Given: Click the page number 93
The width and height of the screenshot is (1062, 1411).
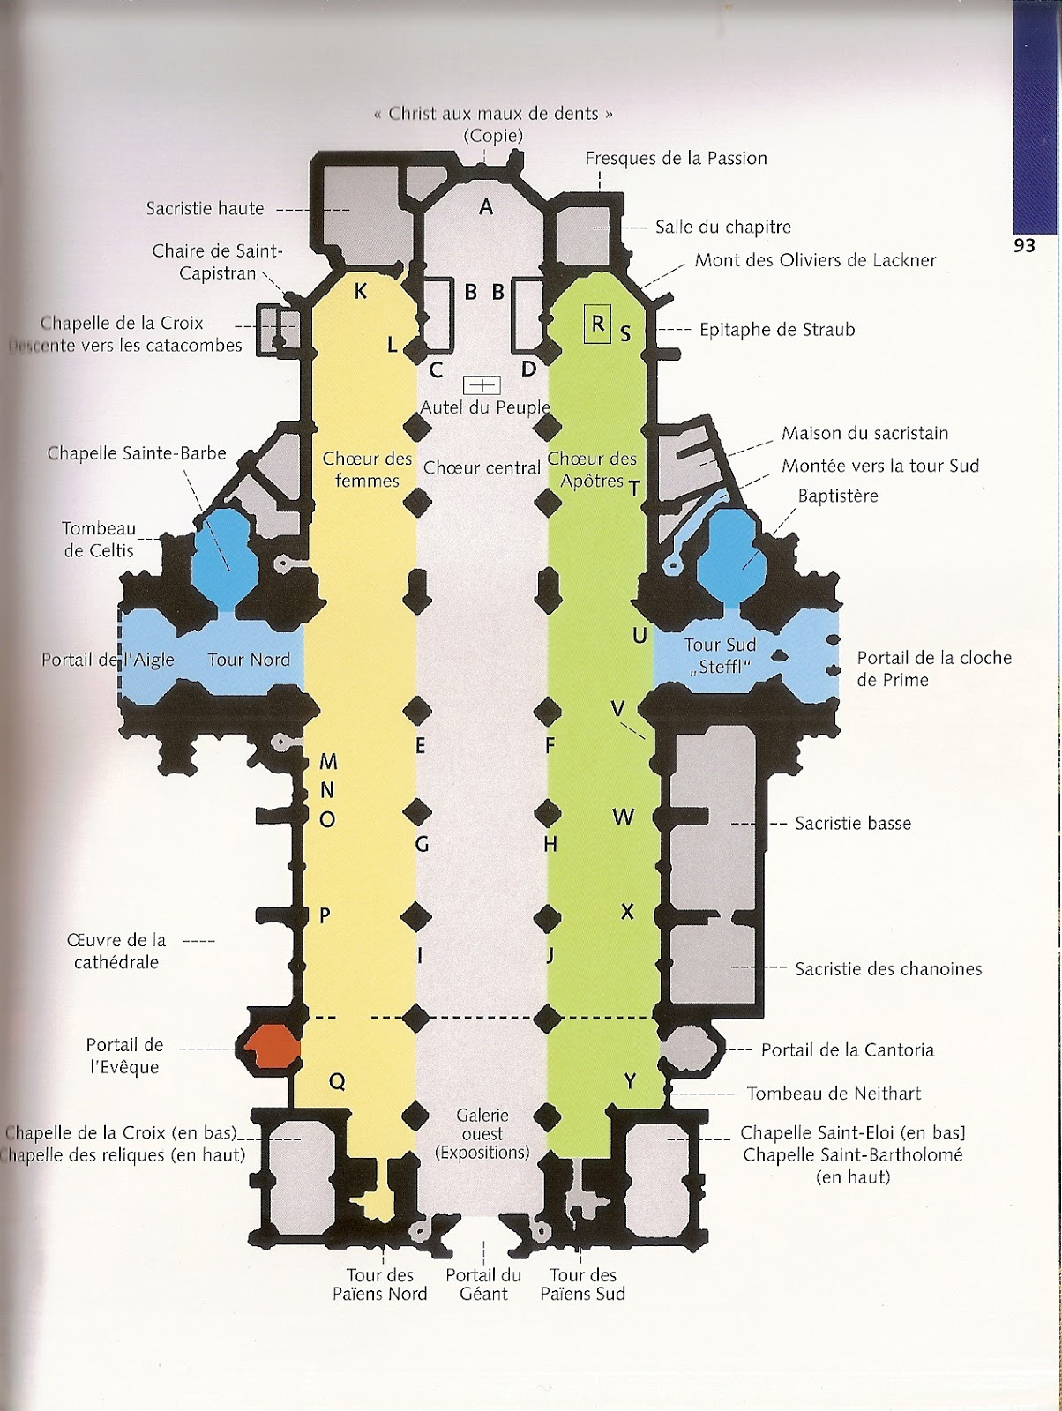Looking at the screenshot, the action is coord(1023,246).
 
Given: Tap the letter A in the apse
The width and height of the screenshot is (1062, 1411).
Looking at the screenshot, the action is coord(485,207).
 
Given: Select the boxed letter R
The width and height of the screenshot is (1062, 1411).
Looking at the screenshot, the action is coord(598,324).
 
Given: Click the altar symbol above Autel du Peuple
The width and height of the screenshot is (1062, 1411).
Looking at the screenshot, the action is coord(482,384).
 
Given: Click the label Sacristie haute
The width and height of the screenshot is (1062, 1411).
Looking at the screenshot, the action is coord(206,209).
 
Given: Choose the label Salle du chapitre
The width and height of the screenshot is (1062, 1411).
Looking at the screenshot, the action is coord(723,227).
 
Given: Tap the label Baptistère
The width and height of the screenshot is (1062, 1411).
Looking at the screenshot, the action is coord(838,496).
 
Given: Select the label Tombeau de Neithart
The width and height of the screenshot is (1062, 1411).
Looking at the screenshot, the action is coord(834,1094).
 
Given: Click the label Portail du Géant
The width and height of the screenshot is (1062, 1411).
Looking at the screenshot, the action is coord(483,1284).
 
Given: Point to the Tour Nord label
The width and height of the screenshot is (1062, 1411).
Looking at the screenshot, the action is coord(248,659).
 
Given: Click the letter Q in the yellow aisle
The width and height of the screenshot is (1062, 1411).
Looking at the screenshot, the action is coord(337,1082).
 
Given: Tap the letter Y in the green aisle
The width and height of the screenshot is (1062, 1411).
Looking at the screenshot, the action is coord(630,1082).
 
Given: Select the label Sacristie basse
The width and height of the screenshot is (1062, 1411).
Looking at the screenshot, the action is coord(853,824).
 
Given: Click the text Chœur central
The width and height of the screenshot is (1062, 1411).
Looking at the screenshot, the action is coord(482,467).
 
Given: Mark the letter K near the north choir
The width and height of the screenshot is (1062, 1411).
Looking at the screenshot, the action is coord(361,292).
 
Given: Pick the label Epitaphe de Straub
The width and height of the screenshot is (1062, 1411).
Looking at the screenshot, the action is coord(777,330).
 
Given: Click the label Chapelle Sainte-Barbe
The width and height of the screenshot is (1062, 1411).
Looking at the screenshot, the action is coord(137,453).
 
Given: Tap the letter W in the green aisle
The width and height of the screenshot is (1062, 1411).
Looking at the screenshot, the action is coord(624,817).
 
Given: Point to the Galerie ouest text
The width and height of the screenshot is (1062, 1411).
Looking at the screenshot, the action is coord(482,1133).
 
